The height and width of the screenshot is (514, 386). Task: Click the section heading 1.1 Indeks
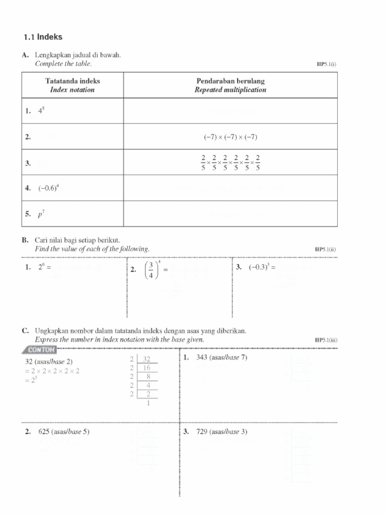[x=43, y=37]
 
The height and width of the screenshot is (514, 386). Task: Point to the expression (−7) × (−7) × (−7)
[x=230, y=137]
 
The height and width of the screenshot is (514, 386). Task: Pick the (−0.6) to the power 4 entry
[x=49, y=189]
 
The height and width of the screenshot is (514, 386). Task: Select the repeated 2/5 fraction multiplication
[x=230, y=162]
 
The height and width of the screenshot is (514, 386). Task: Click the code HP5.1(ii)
[x=326, y=249]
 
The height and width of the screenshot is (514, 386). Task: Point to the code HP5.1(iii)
[x=326, y=340]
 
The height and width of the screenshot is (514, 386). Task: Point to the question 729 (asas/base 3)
[x=222, y=432]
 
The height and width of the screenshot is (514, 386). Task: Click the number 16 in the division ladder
[x=147, y=368]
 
